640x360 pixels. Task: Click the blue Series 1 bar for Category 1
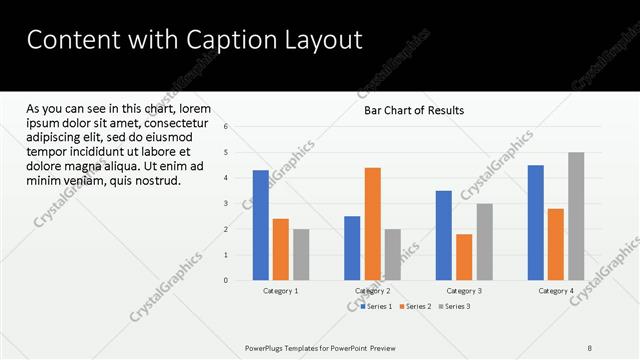(260, 225)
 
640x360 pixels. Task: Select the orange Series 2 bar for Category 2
(372, 224)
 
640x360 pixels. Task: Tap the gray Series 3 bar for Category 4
(576, 216)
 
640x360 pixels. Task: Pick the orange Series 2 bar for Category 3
(464, 257)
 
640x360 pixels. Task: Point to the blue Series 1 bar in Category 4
(535, 222)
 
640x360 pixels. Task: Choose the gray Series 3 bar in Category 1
(301, 255)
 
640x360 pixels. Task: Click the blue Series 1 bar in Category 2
(352, 248)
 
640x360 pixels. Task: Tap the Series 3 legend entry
(455, 306)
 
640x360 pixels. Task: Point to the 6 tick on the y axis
(227, 127)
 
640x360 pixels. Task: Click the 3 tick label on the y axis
(227, 204)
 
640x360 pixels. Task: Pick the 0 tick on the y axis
(227, 281)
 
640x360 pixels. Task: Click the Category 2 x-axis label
(372, 291)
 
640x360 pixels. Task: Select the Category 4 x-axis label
(556, 291)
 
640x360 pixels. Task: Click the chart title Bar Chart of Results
(413, 110)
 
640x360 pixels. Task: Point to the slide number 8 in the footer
(590, 347)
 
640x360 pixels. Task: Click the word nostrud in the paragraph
(154, 181)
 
